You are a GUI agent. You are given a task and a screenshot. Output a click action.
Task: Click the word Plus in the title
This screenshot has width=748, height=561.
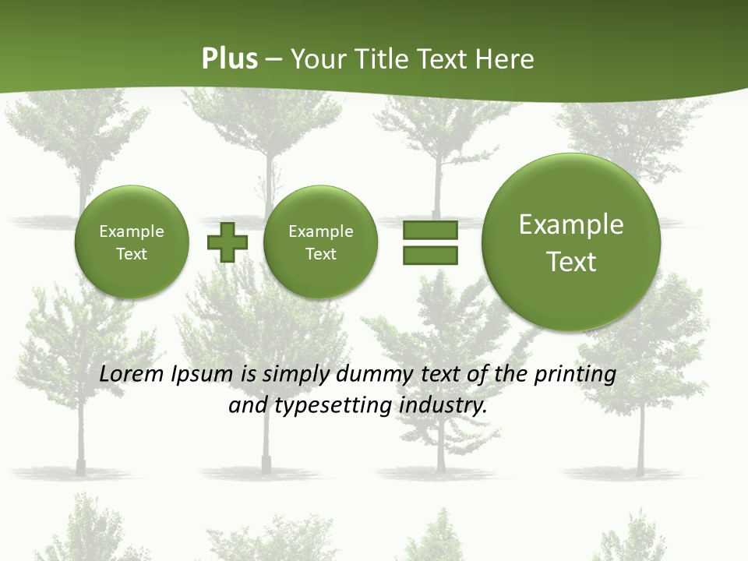coord(229,59)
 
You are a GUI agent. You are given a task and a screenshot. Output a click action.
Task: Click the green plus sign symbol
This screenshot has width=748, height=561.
coord(228,242)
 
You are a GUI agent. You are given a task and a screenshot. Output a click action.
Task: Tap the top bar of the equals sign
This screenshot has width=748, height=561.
coord(429,230)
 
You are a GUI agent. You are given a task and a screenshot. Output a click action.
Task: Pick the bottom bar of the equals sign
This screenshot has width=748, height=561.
coord(429,256)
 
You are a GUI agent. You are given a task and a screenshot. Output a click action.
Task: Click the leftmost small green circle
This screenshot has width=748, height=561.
coord(132,242)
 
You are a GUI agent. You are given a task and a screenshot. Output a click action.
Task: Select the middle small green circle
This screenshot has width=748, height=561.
coord(320,242)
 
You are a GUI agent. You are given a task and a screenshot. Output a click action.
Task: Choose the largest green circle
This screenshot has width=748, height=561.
coord(571,242)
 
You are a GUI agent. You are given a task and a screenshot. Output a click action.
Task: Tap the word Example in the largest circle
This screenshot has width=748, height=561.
coord(571,224)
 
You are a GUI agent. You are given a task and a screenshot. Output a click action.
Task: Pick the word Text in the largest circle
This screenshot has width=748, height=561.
coord(571,262)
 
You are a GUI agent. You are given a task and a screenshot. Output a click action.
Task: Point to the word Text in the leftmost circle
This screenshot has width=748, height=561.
coord(132,254)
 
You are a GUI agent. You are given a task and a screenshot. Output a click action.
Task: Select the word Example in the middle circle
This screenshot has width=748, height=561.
coord(320,231)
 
